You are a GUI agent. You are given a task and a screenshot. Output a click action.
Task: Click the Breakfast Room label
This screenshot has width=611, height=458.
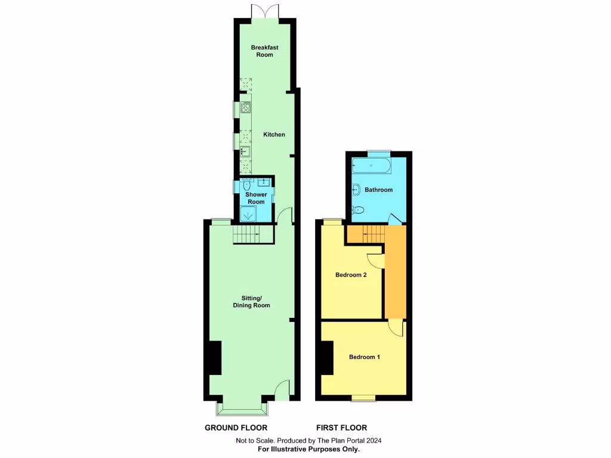click(264, 51)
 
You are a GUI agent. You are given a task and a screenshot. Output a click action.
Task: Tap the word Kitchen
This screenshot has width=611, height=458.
click(274, 135)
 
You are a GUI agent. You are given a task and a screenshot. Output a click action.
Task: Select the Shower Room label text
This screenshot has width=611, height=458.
click(256, 199)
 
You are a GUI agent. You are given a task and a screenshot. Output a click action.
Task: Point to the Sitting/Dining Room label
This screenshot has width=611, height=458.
click(251, 302)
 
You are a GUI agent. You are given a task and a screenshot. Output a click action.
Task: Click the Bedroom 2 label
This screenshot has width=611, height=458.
click(350, 275)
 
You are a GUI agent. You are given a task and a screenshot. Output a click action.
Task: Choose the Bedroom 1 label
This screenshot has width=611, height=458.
click(364, 357)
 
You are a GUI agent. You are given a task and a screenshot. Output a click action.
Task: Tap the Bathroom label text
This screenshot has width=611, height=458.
click(378, 190)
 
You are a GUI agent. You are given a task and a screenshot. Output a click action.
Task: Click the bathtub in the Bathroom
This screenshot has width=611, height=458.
click(371, 166)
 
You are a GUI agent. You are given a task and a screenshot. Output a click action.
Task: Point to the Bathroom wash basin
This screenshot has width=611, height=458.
click(356, 190)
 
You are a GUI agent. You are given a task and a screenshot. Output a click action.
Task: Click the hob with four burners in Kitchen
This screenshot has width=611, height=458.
click(245, 108)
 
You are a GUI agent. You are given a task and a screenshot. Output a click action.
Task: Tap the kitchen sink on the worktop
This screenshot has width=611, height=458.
click(245, 151)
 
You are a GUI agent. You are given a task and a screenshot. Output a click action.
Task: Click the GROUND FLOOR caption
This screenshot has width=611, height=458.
click(236, 428)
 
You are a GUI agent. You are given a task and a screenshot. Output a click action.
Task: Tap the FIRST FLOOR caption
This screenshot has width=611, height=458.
click(341, 428)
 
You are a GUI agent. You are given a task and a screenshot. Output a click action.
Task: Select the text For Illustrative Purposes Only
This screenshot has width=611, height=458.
click(308, 449)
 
